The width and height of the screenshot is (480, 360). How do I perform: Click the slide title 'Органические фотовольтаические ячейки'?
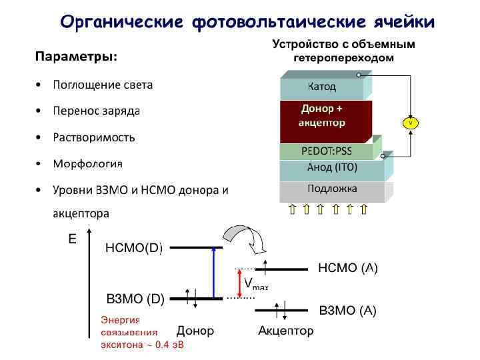pos(247,22)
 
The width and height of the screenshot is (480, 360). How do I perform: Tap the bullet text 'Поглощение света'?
pos(103,85)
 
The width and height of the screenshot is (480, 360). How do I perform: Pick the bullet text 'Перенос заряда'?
pos(96,111)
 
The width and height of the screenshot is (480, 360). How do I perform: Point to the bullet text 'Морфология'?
pos(88,163)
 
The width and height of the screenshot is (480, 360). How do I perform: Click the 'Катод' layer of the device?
pos(321,87)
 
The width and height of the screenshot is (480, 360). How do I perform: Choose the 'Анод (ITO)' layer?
pos(331,167)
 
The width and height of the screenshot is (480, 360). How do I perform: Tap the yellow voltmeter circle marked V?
pos(410,123)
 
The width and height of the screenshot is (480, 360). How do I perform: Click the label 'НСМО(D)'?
pos(134,248)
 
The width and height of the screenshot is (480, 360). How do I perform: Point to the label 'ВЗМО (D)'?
pos(135,298)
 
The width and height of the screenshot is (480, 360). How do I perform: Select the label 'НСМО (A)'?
pos(347,268)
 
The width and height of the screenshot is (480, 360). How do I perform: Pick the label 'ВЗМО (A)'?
pos(347,310)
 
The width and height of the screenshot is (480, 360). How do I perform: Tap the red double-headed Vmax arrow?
pos(239,283)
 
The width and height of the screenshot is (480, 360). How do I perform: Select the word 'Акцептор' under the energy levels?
pos(285,331)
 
